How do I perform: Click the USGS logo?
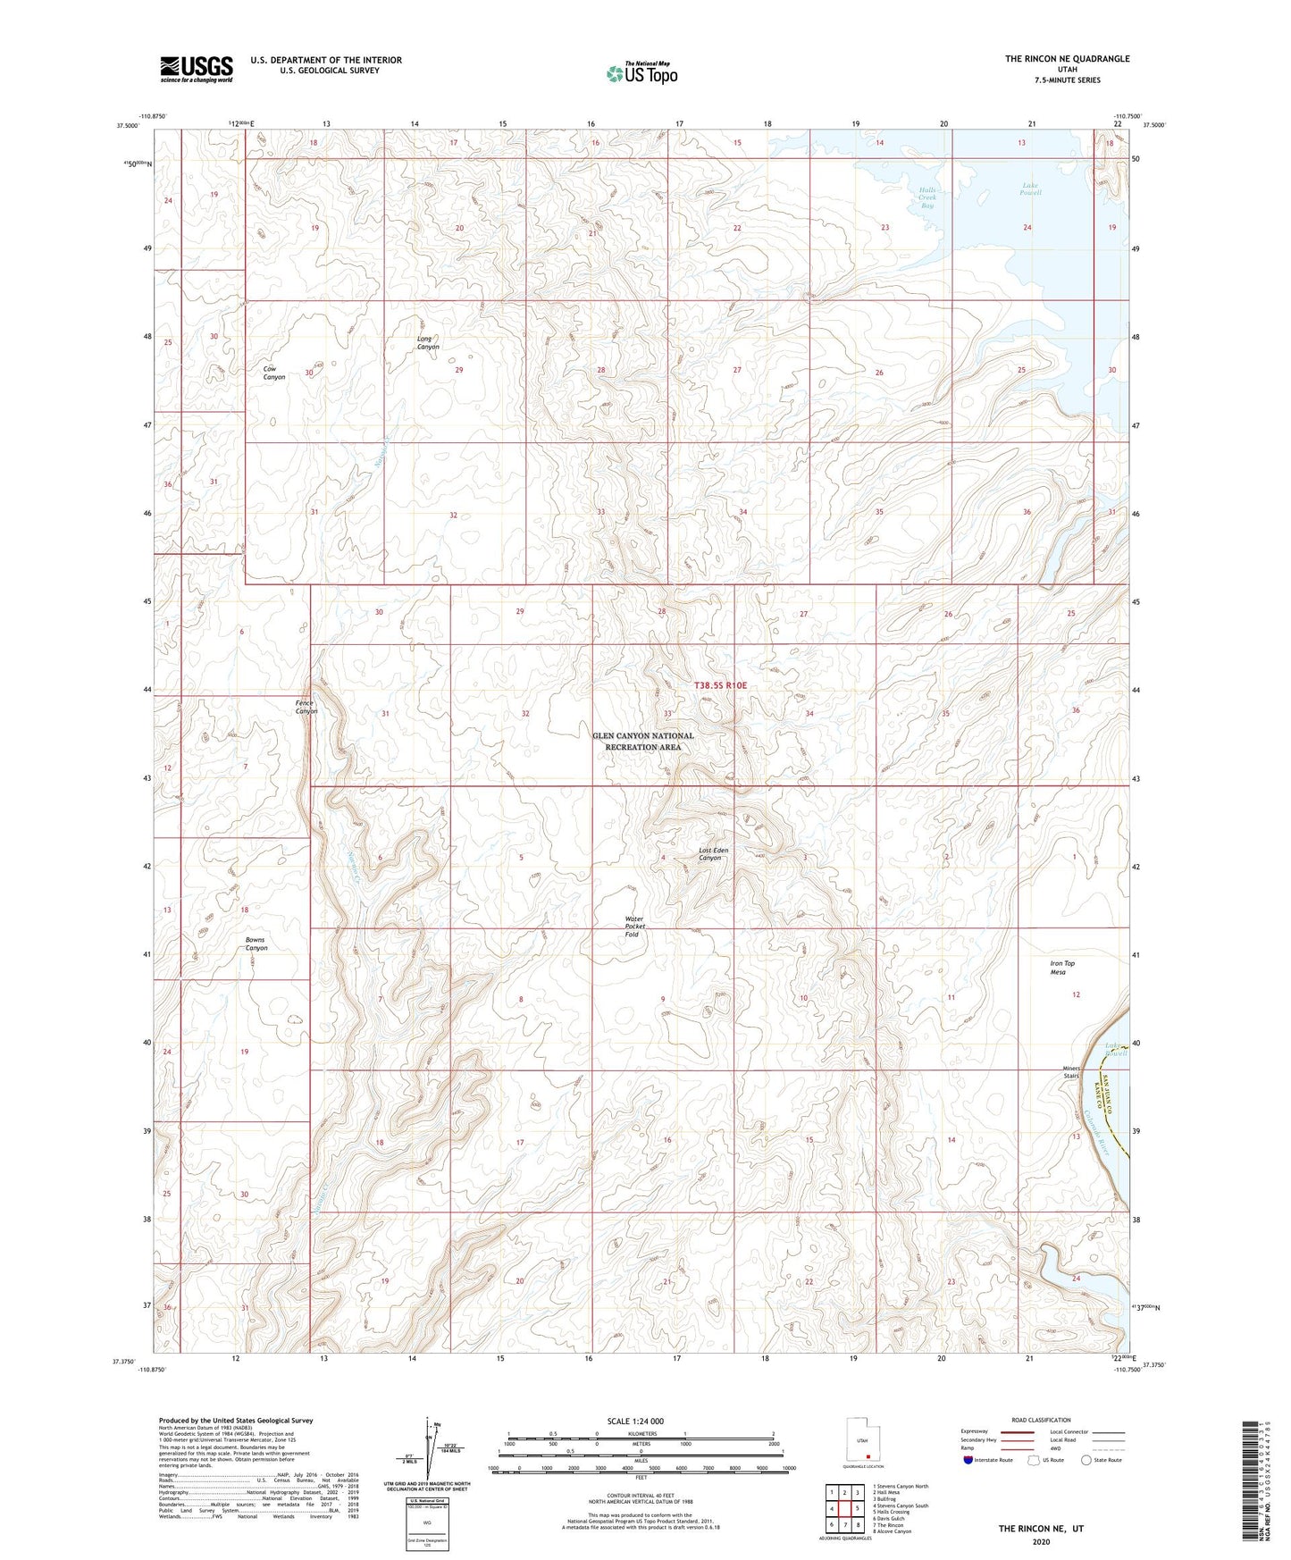point(196,69)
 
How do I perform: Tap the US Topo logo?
point(641,73)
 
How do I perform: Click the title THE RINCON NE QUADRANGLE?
point(1067,59)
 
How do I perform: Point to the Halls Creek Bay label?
point(927,197)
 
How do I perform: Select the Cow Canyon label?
point(273,373)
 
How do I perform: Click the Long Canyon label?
point(428,342)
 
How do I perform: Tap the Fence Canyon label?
point(306,707)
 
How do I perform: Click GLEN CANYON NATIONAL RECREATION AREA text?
point(642,742)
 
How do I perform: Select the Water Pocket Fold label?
point(633,927)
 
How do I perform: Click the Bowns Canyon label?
point(256,944)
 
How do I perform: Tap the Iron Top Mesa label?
point(1062,968)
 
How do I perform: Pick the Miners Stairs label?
point(1071,1072)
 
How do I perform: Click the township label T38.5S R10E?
point(720,685)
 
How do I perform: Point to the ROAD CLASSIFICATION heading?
point(1041,1420)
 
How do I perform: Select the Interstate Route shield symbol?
point(969,1460)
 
